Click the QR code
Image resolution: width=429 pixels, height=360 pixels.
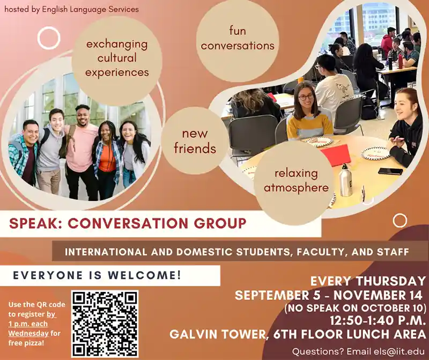[x=105, y=324]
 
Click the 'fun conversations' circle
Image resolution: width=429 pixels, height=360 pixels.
[x=238, y=38]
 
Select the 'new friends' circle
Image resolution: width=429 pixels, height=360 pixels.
[x=195, y=141]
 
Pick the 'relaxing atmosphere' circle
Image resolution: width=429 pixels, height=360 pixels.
[x=295, y=181]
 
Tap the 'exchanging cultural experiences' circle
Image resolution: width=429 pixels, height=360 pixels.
[x=117, y=58]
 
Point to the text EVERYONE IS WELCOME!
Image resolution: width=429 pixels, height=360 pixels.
[x=97, y=276]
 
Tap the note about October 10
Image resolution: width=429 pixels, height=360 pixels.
[x=355, y=308]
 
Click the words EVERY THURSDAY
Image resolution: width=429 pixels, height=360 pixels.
[x=367, y=281]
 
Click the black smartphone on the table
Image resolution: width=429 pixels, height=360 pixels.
[x=390, y=171]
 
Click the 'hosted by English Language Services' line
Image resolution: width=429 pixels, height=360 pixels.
[x=71, y=9]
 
